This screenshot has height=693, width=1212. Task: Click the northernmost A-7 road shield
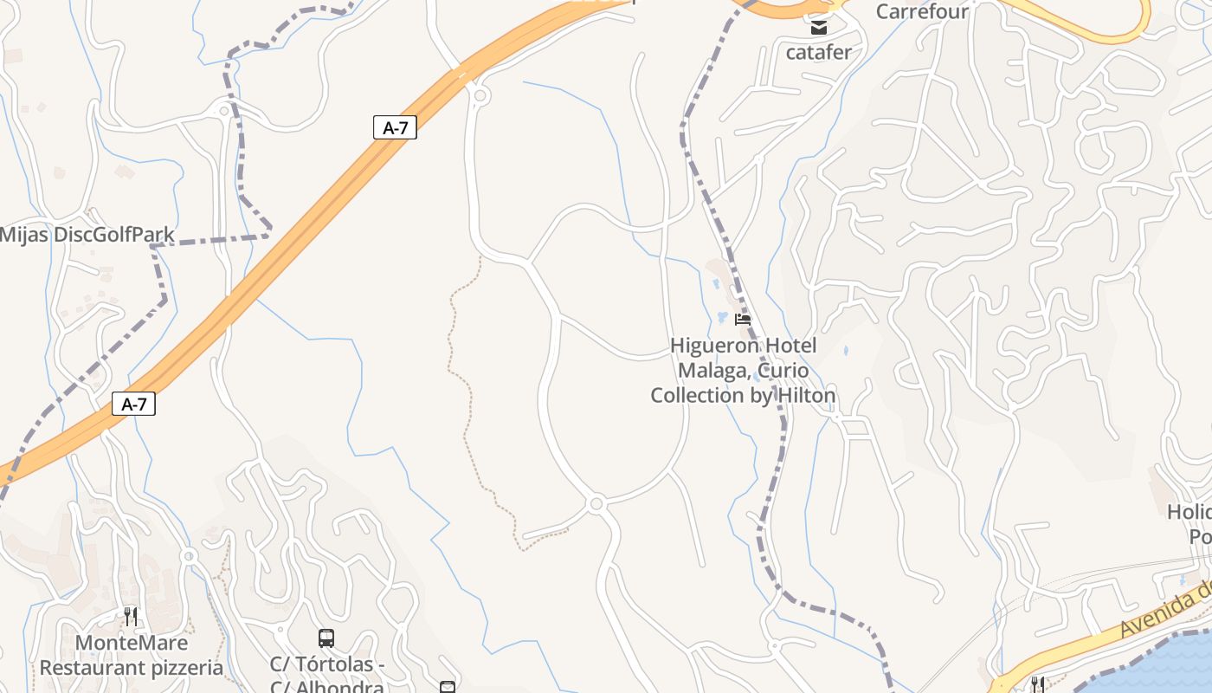[x=395, y=128]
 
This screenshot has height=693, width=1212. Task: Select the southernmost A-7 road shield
[x=133, y=404]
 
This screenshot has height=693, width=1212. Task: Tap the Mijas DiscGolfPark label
[x=87, y=235]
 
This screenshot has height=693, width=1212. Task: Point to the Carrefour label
[x=922, y=11]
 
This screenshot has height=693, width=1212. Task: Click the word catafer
[x=818, y=52]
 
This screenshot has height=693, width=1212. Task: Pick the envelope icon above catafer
[x=818, y=28]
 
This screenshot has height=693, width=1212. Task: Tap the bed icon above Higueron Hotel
[x=742, y=320]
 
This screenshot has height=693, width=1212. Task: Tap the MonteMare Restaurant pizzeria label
[x=132, y=656]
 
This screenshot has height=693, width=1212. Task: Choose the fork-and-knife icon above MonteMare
[x=131, y=617]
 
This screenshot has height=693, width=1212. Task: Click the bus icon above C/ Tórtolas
[x=326, y=638]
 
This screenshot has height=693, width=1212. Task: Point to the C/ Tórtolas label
[x=326, y=665]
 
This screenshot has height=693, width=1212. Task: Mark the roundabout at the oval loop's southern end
[x=596, y=503]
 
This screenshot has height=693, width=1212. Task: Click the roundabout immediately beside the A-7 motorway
[x=480, y=94]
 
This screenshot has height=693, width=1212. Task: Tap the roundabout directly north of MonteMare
[x=189, y=556]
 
